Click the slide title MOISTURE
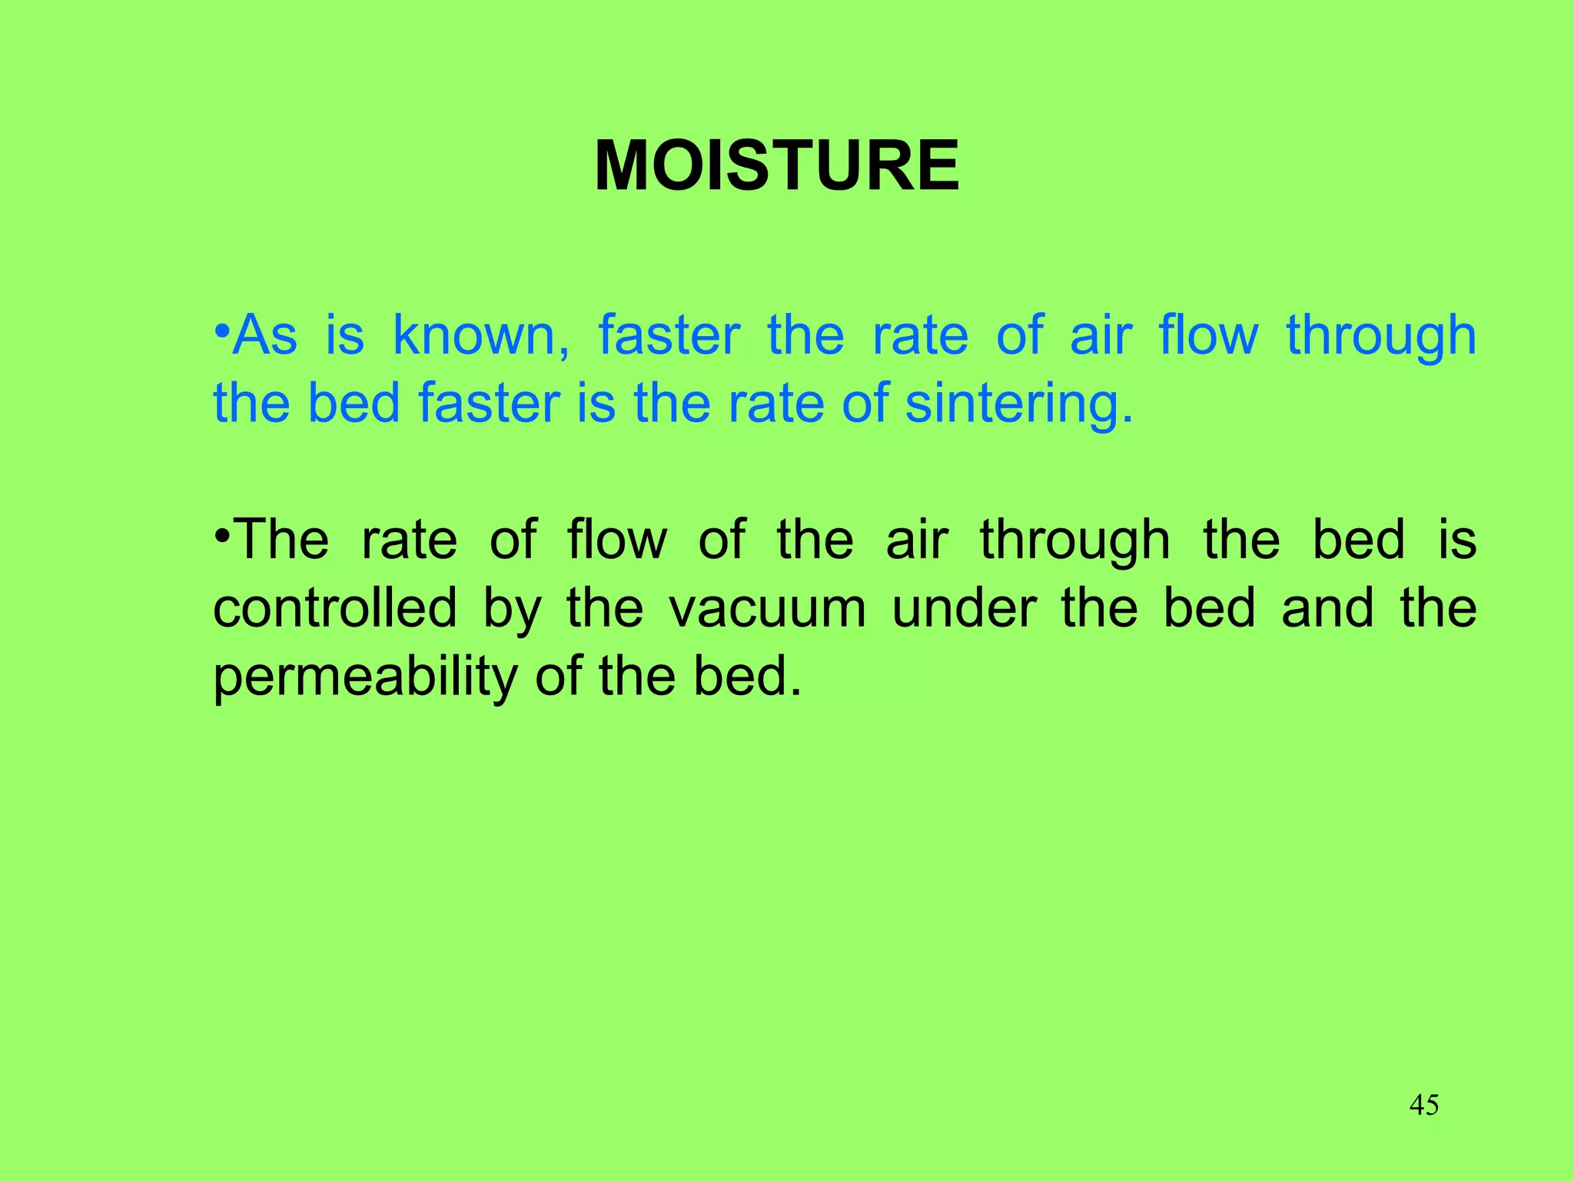click(777, 166)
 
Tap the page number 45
click(1424, 1105)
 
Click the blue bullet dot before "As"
click(222, 330)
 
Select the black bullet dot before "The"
click(222, 534)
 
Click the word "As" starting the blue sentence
click(265, 336)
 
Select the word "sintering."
click(1019, 404)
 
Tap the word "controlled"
click(335, 607)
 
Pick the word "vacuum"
click(767, 609)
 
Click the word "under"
click(963, 607)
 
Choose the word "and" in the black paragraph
click(1327, 607)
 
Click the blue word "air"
click(1101, 336)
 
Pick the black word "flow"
click(617, 540)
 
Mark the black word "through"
click(1074, 541)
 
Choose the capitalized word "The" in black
click(281, 540)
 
